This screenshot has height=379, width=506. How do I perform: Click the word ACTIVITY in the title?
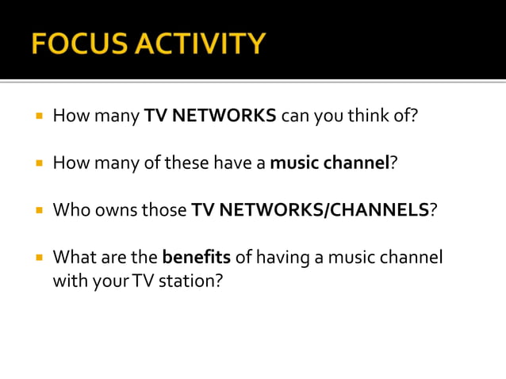click(x=202, y=44)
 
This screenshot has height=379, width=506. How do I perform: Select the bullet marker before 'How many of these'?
click(x=37, y=164)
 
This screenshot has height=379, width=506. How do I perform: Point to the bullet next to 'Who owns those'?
click(x=37, y=211)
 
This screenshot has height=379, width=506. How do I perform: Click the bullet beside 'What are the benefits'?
click(x=37, y=258)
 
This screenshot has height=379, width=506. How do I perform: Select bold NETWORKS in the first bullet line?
click(x=224, y=117)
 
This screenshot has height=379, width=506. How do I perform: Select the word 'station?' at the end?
click(x=190, y=280)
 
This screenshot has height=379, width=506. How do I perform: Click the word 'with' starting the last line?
click(x=67, y=280)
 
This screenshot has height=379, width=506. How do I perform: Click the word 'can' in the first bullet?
click(x=295, y=117)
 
